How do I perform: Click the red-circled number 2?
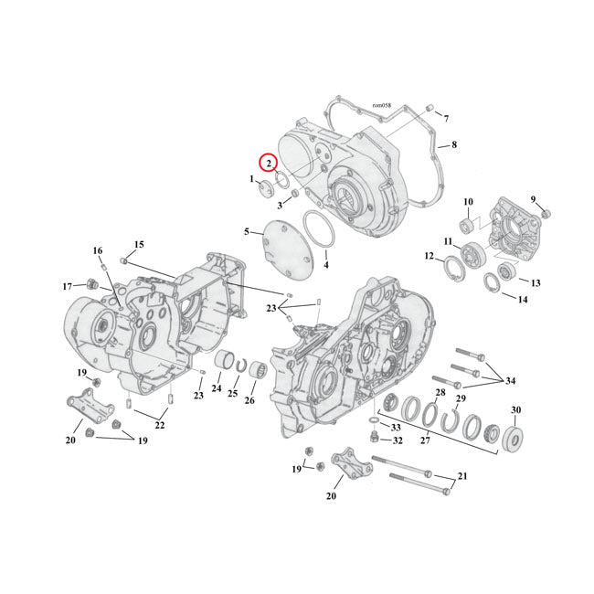click(268, 163)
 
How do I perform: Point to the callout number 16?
click(98, 250)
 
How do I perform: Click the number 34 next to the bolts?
click(510, 380)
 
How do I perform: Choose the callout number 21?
click(461, 477)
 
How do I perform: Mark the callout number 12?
click(429, 258)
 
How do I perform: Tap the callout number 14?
click(523, 299)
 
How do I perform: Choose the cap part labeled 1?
click(265, 189)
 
